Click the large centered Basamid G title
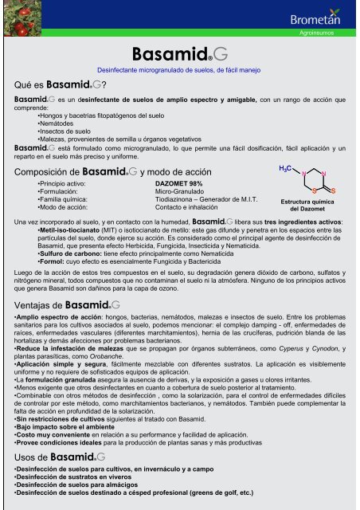181,55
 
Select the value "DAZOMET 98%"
182,183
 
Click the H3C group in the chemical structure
287,170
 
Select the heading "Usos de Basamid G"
57,456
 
